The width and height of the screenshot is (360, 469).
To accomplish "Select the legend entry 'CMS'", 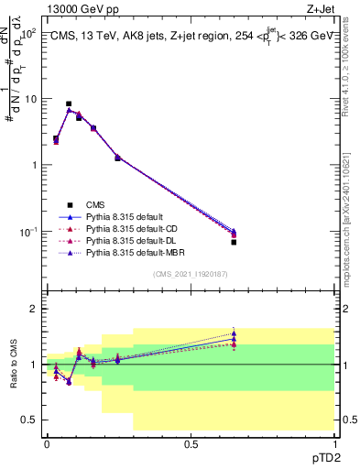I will pyautogui.click(x=96, y=204).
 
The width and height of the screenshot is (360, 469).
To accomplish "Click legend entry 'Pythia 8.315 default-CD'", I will pyautogui.click(x=130, y=228).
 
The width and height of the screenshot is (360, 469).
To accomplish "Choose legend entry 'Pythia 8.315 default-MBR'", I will pyautogui.click(x=133, y=252).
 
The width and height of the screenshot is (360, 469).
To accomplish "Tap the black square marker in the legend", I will pyautogui.click(x=70, y=204).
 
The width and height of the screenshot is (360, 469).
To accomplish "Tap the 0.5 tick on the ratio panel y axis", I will pyautogui.click(x=33, y=420).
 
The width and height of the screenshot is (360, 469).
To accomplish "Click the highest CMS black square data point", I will pyautogui.click(x=69, y=104).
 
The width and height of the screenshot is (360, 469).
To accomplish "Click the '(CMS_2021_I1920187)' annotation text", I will pyautogui.click(x=191, y=274).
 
